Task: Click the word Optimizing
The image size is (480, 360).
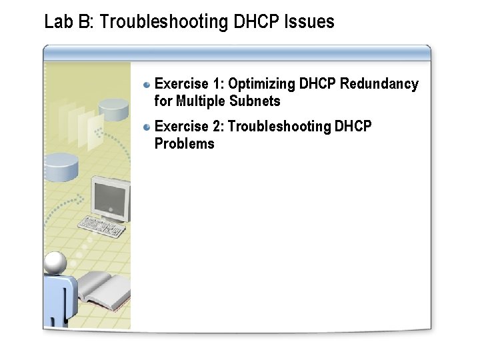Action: point(262,84)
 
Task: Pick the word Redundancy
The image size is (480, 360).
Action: point(379,84)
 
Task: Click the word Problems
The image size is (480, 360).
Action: point(184,143)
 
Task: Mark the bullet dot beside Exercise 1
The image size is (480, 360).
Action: point(147,85)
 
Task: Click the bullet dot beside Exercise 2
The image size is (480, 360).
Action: point(147,127)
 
